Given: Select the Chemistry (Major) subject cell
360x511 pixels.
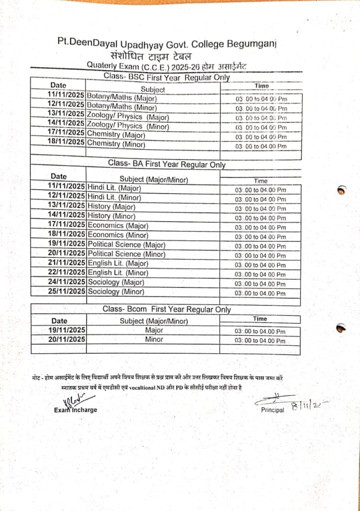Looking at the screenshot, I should [116, 135].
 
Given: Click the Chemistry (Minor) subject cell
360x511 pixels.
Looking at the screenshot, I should [116, 144].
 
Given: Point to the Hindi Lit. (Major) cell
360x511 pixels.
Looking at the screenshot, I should [114, 188].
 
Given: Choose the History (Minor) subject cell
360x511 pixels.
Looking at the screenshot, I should [111, 216].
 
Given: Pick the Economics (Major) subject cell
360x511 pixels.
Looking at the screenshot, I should [118, 226].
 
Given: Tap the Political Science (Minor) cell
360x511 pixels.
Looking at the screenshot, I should [127, 254].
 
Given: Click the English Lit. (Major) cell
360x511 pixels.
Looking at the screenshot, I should [118, 263].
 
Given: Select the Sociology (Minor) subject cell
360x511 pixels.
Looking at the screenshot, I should [116, 291].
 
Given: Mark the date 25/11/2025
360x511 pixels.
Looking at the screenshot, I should [66, 291].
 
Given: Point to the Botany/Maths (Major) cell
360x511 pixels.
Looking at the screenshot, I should [122, 98].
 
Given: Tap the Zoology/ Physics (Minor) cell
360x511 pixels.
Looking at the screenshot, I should [128, 126].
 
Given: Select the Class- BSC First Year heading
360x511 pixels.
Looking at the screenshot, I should [167, 77].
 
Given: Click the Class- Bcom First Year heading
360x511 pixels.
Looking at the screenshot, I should [167, 309].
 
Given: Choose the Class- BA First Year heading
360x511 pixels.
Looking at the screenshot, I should [167, 164].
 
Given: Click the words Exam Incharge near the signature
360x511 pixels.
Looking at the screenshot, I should [76, 410].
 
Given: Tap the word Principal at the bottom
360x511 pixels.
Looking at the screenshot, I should [272, 410].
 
